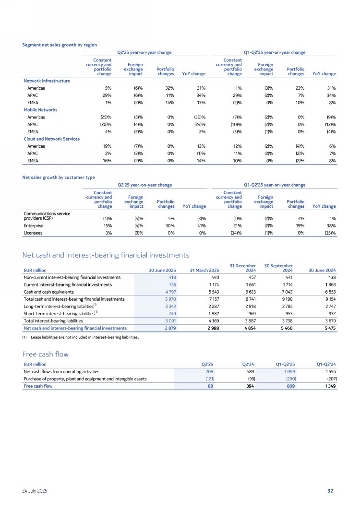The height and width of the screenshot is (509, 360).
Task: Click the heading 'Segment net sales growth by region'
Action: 60,45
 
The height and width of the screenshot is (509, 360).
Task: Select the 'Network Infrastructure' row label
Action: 47,81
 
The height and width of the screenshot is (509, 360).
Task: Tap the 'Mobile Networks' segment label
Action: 41,110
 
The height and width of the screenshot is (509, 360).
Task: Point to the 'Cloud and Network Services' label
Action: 51,139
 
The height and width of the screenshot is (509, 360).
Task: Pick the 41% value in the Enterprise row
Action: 201,226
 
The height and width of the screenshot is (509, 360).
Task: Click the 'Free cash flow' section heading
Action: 46,354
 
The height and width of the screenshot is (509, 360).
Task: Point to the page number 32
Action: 330,491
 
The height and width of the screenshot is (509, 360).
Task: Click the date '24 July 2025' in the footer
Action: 35,491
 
